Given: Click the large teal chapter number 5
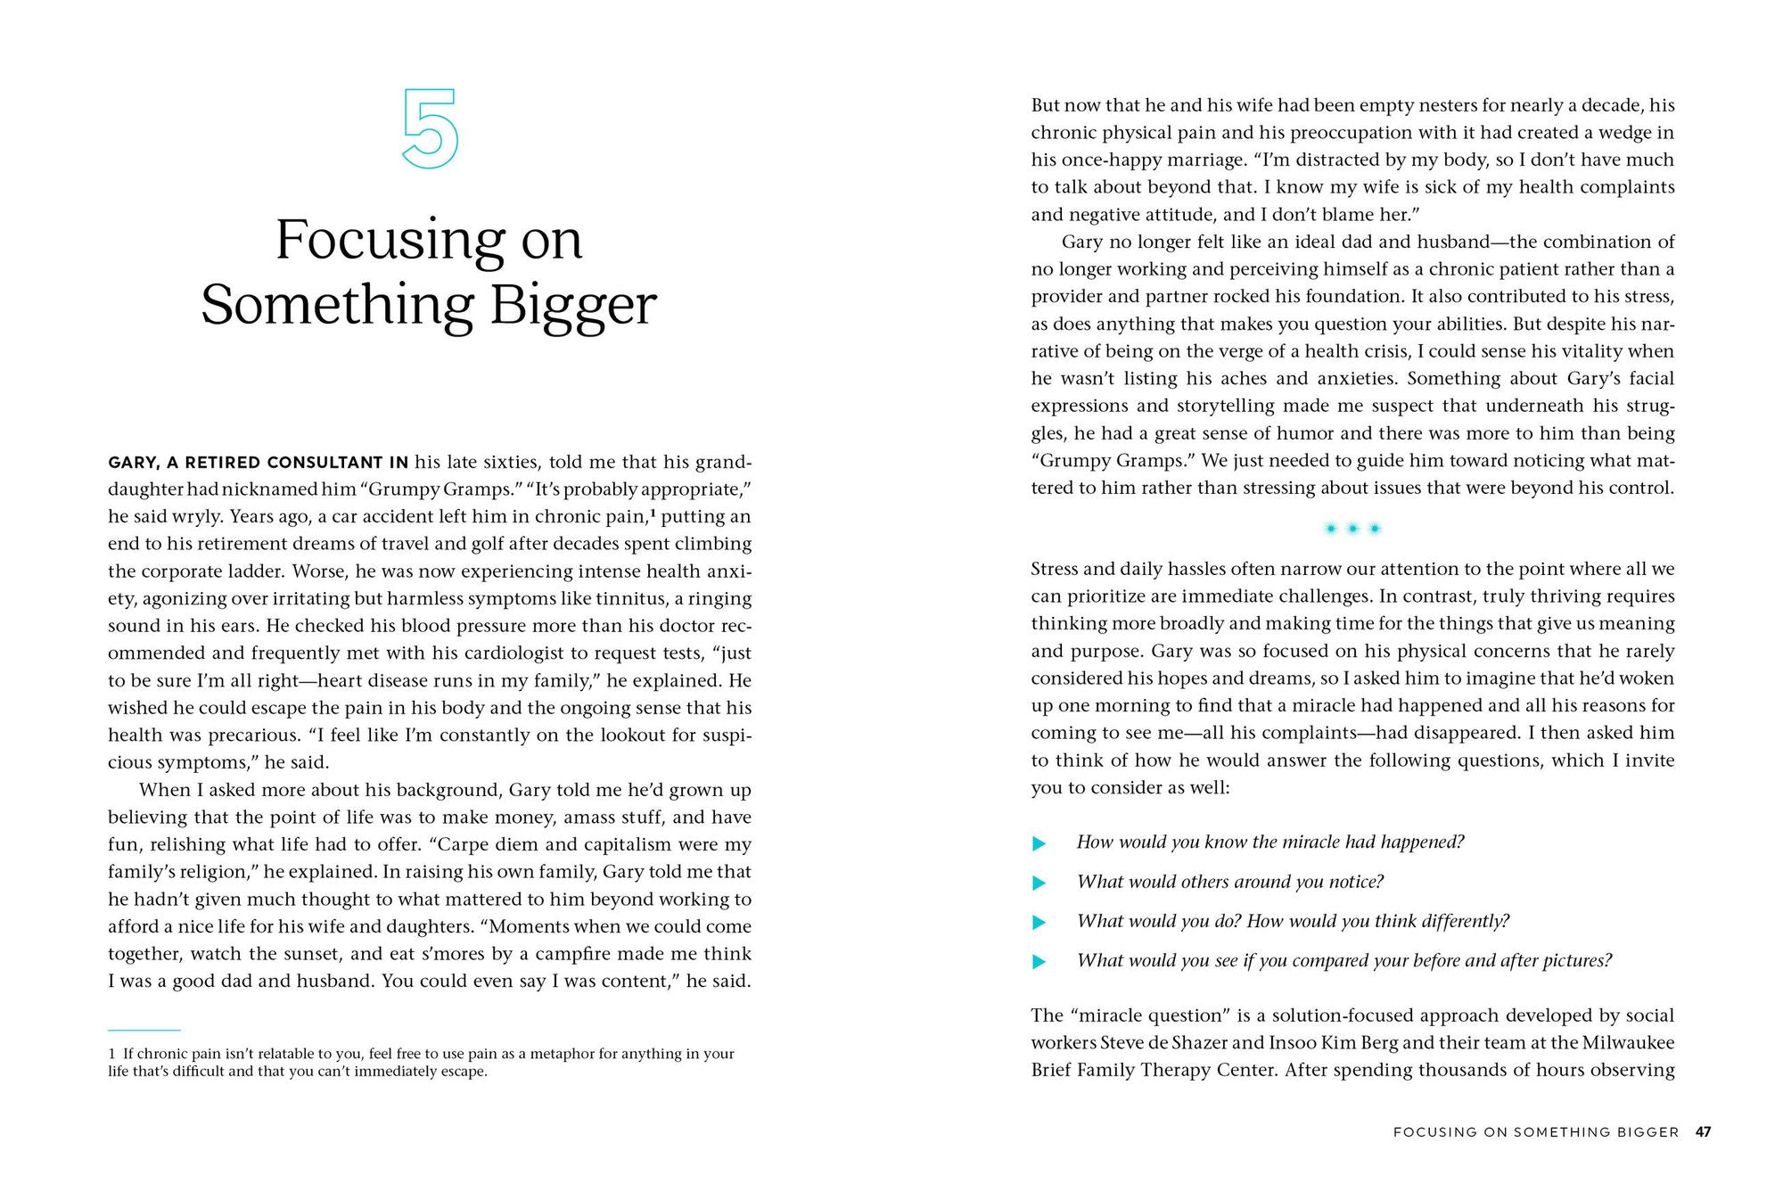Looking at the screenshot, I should tap(430, 128).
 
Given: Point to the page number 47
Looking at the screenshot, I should tap(1703, 1131).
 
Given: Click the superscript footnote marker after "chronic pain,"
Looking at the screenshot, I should tap(653, 514).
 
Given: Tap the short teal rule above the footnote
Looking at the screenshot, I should tap(144, 1030).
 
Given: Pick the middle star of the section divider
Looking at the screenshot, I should tap(1352, 529).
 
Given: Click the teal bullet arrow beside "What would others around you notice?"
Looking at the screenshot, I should tap(1039, 883).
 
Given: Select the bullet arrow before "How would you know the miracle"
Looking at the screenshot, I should tap(1039, 842).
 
